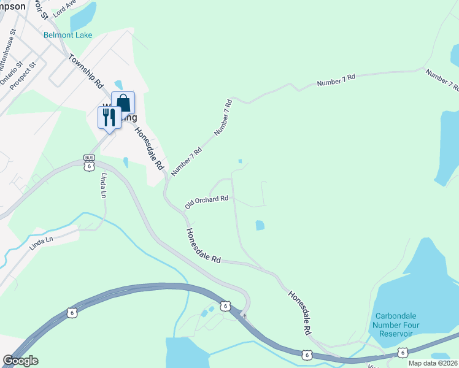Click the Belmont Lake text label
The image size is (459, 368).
pyautogui.click(x=67, y=35)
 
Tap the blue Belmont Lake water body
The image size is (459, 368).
pyautogui.click(x=83, y=16)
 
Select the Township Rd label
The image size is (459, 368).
pyautogui.click(x=86, y=71)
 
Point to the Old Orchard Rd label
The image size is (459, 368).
pyautogui.click(x=207, y=201)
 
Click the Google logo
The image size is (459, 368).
pyautogui.click(x=21, y=361)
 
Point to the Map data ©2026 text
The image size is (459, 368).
pyautogui.click(x=433, y=363)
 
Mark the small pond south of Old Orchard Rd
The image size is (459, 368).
pyautogui.click(x=260, y=225)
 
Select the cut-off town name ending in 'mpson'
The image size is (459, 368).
pyautogui.click(x=13, y=6)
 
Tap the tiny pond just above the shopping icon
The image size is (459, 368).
pyautogui.click(x=118, y=84)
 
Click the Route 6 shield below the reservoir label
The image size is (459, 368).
pyautogui.click(x=402, y=351)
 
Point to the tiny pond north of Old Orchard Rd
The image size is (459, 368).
pyautogui.click(x=240, y=162)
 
